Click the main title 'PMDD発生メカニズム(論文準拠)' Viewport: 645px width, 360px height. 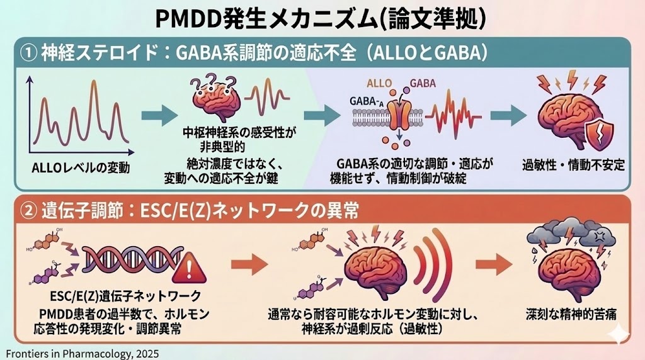(322, 18)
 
